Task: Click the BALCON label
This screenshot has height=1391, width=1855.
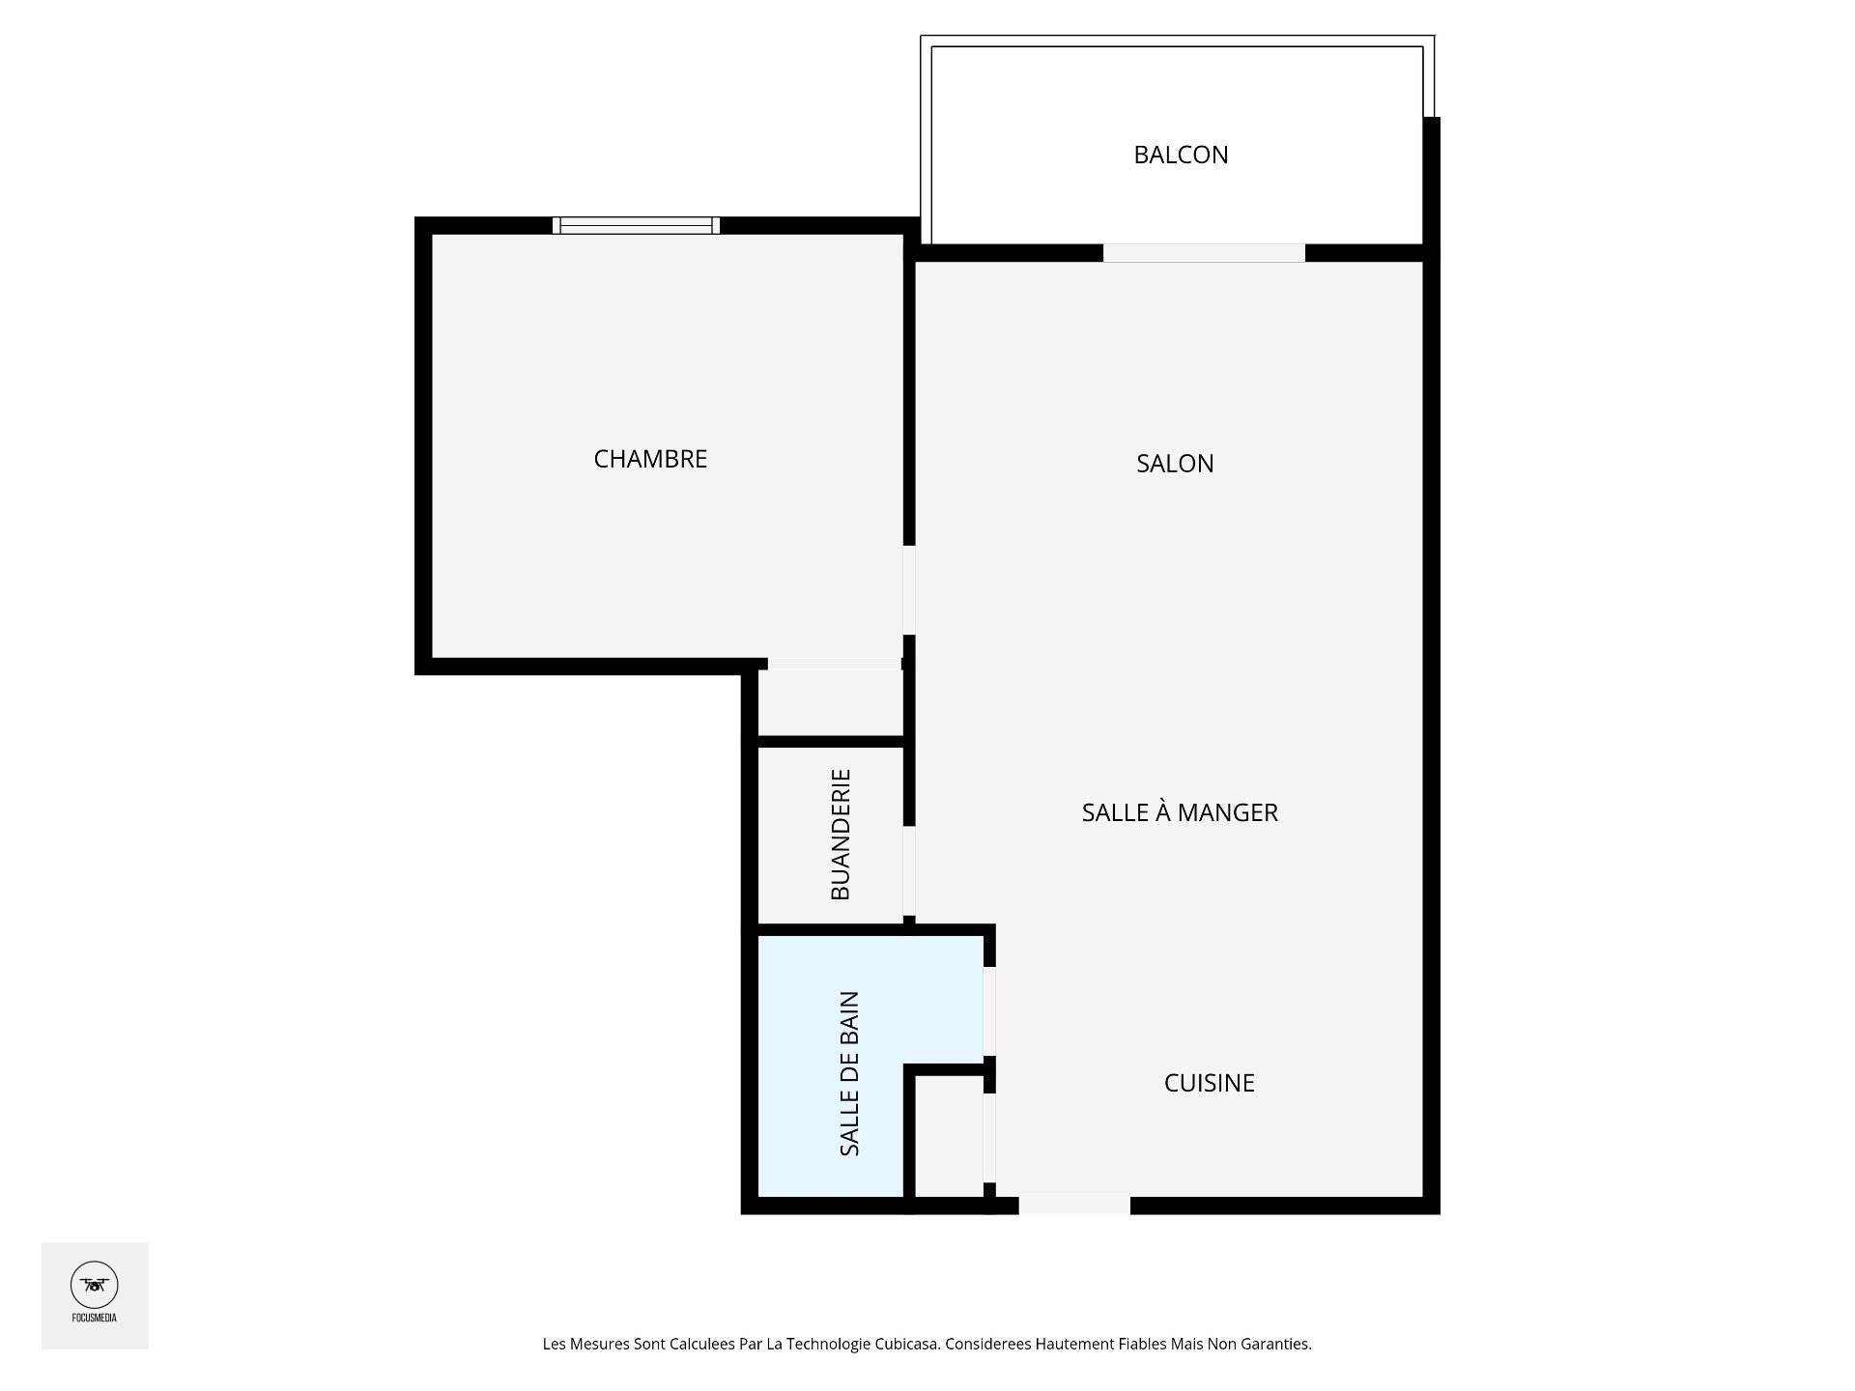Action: (x=1181, y=155)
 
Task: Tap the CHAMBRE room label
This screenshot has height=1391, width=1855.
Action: (x=650, y=459)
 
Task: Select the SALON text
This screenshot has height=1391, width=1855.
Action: (x=1175, y=464)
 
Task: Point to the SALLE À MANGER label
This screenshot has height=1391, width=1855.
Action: (x=1180, y=812)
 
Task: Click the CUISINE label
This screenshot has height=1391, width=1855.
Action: (x=1210, y=1083)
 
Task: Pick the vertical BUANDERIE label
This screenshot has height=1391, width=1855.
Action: (x=841, y=835)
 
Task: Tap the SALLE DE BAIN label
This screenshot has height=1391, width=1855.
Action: (x=849, y=1073)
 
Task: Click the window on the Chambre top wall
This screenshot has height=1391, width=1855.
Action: (x=636, y=225)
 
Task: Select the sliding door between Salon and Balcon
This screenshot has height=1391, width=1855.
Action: (x=1204, y=253)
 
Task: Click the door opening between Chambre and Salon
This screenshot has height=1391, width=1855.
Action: (x=909, y=590)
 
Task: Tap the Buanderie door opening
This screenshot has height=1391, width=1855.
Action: (x=909, y=870)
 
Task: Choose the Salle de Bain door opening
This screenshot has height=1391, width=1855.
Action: (x=989, y=1011)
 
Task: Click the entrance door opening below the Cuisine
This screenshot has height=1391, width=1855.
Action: (x=1074, y=1206)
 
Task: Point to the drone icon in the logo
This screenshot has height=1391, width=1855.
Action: (x=95, y=1285)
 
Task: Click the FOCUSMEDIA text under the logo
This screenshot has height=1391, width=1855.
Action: (x=95, y=1317)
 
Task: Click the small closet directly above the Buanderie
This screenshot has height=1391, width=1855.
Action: (x=830, y=702)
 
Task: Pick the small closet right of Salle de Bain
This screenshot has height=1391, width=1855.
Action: (x=948, y=1137)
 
